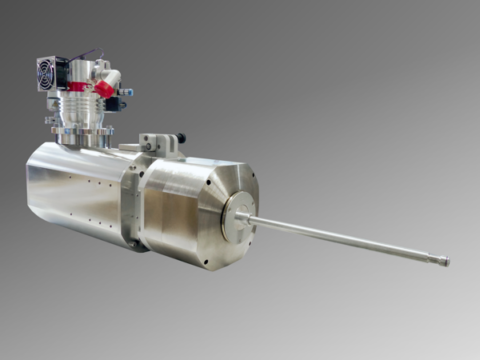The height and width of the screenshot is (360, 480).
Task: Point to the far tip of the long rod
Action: click(x=445, y=261)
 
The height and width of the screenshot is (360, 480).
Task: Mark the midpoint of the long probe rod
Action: click(x=345, y=237)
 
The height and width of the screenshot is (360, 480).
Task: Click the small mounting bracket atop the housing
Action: click(x=160, y=143)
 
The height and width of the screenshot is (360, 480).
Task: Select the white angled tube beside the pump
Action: click(x=115, y=75)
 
